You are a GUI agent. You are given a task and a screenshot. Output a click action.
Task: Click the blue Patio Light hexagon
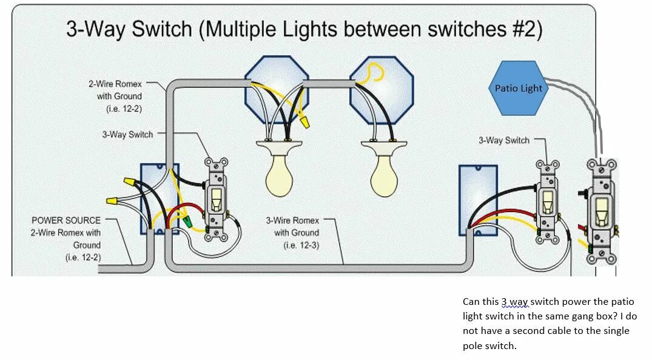click(x=518, y=88)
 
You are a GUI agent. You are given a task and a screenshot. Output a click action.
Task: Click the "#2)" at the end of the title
click(x=525, y=29)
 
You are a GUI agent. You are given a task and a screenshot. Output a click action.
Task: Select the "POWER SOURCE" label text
click(x=66, y=220)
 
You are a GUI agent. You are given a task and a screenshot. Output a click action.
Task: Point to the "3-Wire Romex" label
click(x=292, y=221)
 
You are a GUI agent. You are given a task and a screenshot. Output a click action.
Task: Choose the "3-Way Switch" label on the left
click(x=127, y=134)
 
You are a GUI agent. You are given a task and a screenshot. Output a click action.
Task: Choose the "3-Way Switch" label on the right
click(x=504, y=140)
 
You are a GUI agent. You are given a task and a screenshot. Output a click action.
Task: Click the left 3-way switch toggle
click(x=216, y=198)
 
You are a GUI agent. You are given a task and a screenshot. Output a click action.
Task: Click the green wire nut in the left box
click(x=187, y=222)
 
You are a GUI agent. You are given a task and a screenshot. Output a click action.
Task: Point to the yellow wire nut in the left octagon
click(x=304, y=123)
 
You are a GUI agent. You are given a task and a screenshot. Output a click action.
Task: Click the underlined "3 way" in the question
click(x=514, y=302)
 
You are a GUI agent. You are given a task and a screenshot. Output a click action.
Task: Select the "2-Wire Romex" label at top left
click(x=115, y=84)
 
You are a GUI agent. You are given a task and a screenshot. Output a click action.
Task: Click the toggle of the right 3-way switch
click(x=547, y=202)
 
